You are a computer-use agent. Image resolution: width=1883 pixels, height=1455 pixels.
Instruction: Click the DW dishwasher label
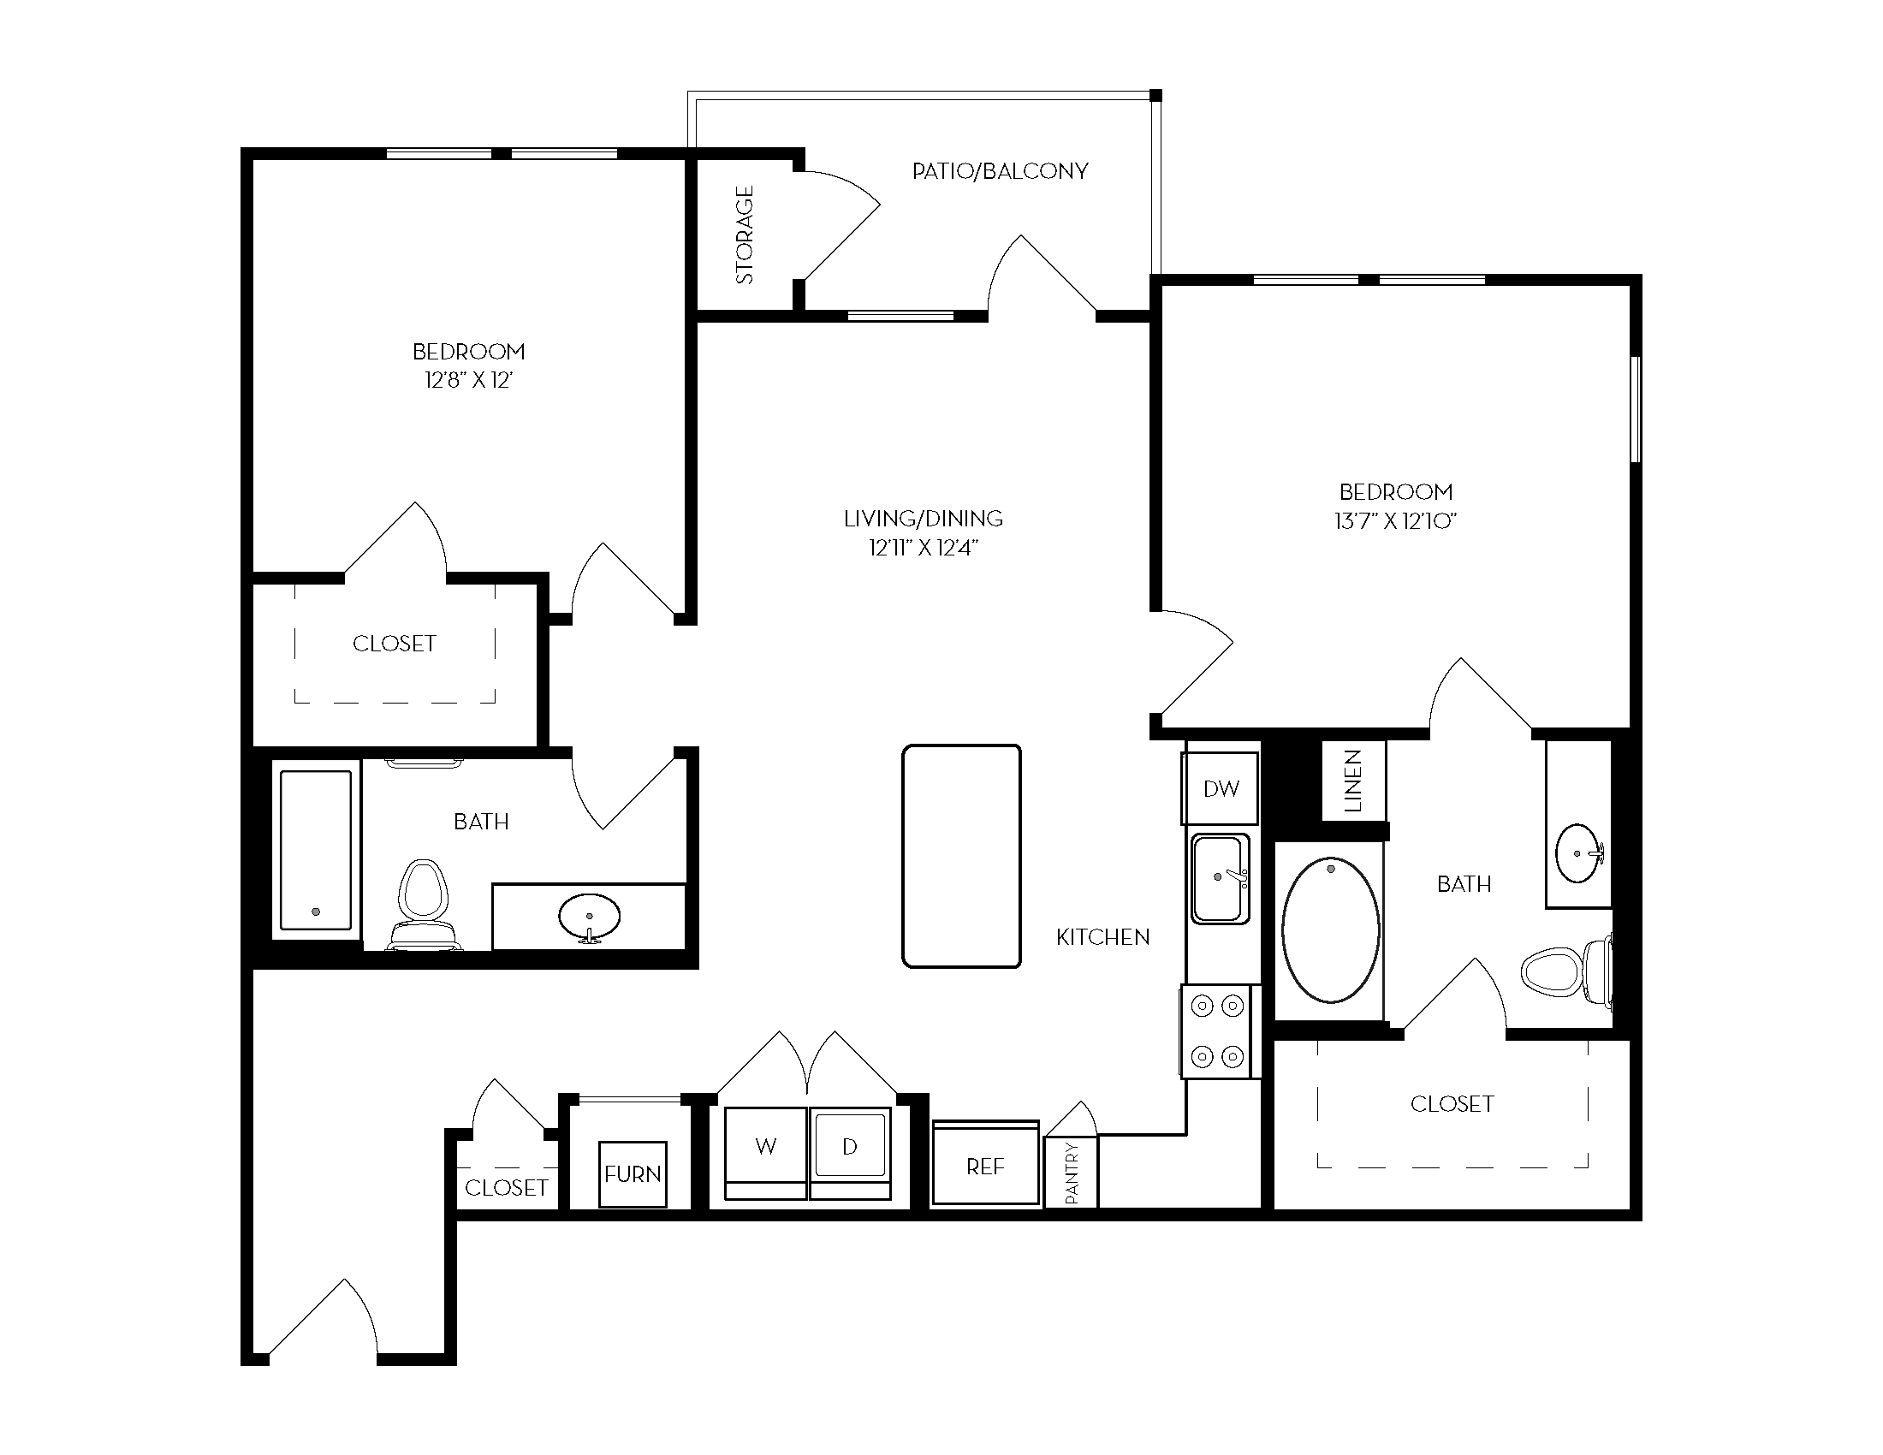pyautogui.click(x=1221, y=787)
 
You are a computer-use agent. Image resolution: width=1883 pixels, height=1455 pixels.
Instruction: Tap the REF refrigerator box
pyautogui.click(x=985, y=1163)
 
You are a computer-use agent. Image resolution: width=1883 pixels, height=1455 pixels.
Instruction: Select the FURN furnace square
pyautogui.click(x=633, y=1174)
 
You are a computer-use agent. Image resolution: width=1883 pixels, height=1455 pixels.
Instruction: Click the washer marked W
pyautogui.click(x=766, y=1154)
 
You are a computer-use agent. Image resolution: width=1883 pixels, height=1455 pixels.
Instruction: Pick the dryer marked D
pyautogui.click(x=850, y=1154)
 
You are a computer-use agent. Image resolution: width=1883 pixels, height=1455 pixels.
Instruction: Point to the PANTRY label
pyautogui.click(x=1072, y=1173)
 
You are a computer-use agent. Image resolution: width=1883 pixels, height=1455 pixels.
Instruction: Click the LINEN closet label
pyautogui.click(x=1354, y=781)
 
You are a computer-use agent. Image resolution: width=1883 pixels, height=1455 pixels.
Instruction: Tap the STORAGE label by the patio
pyautogui.click(x=745, y=235)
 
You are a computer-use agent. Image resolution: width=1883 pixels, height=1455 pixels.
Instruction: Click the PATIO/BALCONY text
pyautogui.click(x=1000, y=170)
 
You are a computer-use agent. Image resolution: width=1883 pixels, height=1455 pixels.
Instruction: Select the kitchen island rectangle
pyautogui.click(x=961, y=856)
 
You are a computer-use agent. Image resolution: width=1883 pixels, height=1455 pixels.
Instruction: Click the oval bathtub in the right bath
pyautogui.click(x=1330, y=929)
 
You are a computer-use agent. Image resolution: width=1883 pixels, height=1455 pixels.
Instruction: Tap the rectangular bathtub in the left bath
pyautogui.click(x=316, y=849)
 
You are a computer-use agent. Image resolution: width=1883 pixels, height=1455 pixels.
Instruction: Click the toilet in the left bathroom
pyautogui.click(x=423, y=903)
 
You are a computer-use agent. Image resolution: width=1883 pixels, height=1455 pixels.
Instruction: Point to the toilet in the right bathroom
pyautogui.click(x=1565, y=971)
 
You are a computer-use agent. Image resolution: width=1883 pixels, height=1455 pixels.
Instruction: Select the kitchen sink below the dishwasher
pyautogui.click(x=1220, y=878)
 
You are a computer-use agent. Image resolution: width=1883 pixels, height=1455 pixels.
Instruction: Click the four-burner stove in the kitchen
pyautogui.click(x=1217, y=1031)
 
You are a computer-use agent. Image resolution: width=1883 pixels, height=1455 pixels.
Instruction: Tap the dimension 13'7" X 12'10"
pyautogui.click(x=1396, y=520)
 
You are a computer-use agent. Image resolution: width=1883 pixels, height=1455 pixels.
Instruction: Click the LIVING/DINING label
pyautogui.click(x=924, y=518)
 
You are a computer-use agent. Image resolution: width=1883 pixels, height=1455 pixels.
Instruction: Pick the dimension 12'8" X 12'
pyautogui.click(x=469, y=380)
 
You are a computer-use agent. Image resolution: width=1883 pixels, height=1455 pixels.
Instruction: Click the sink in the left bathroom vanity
pyautogui.click(x=590, y=918)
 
